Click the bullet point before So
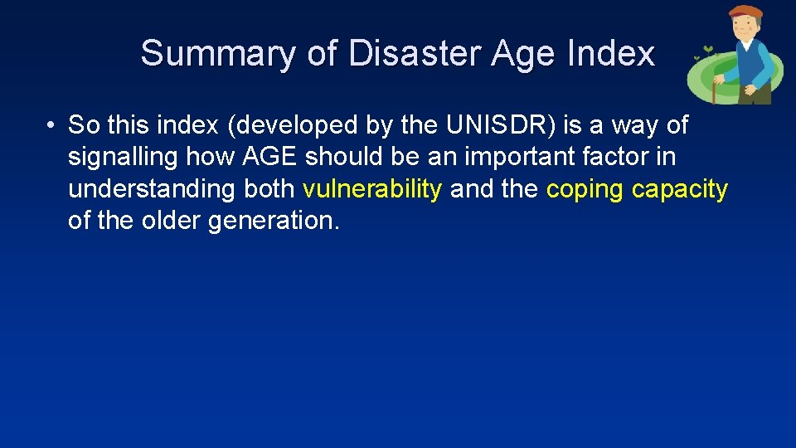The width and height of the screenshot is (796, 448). pyautogui.click(x=51, y=126)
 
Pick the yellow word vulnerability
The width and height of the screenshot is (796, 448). pyautogui.click(x=372, y=189)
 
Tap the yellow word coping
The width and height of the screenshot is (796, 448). pyautogui.click(x=585, y=189)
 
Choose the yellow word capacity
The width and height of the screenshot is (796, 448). pyautogui.click(x=680, y=189)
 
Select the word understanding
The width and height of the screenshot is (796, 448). pyautogui.click(x=152, y=189)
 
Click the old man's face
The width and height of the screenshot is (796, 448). pyautogui.click(x=745, y=30)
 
